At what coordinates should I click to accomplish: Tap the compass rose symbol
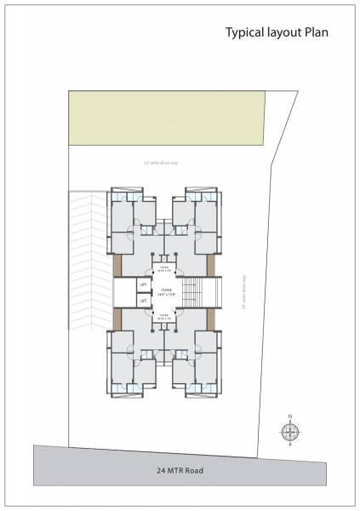pos(290,431)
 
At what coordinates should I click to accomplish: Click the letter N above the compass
pos(290,416)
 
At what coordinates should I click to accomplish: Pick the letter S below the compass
pos(290,445)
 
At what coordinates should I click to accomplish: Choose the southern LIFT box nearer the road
pos(143,300)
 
